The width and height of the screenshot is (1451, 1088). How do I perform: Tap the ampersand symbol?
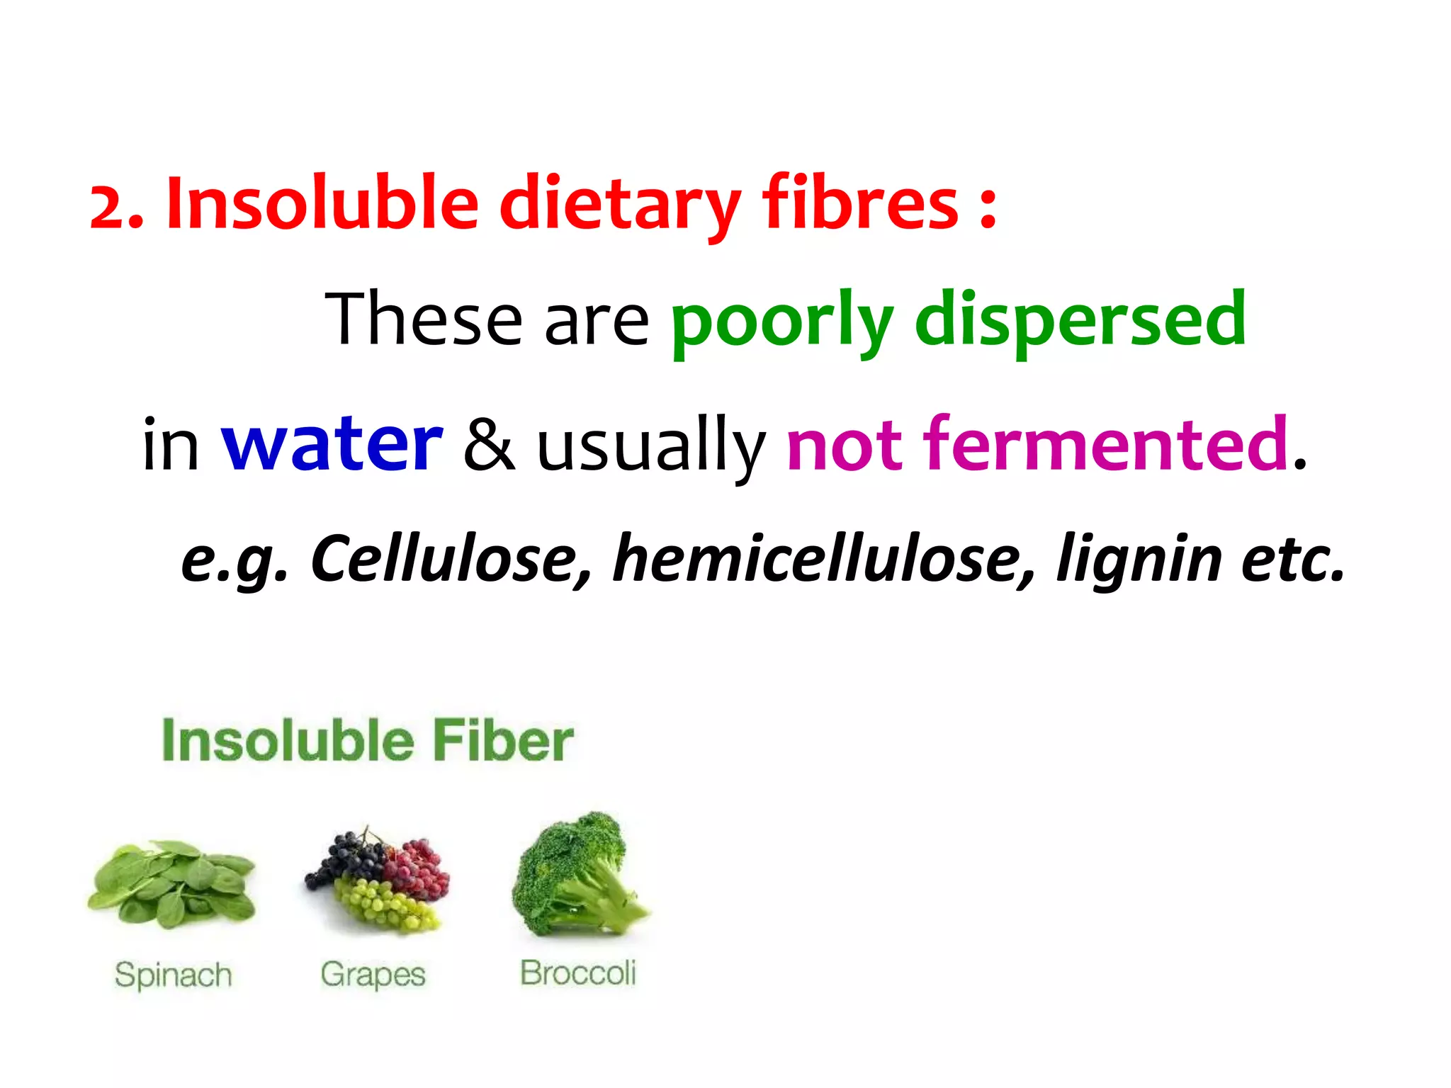coord(489,445)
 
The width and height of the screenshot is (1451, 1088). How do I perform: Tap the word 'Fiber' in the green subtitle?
coord(502,741)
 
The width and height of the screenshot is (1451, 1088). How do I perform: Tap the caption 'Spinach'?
coord(174,975)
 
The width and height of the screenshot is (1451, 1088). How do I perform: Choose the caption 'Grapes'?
coord(373,975)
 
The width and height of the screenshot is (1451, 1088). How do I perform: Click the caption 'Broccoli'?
coord(578,973)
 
